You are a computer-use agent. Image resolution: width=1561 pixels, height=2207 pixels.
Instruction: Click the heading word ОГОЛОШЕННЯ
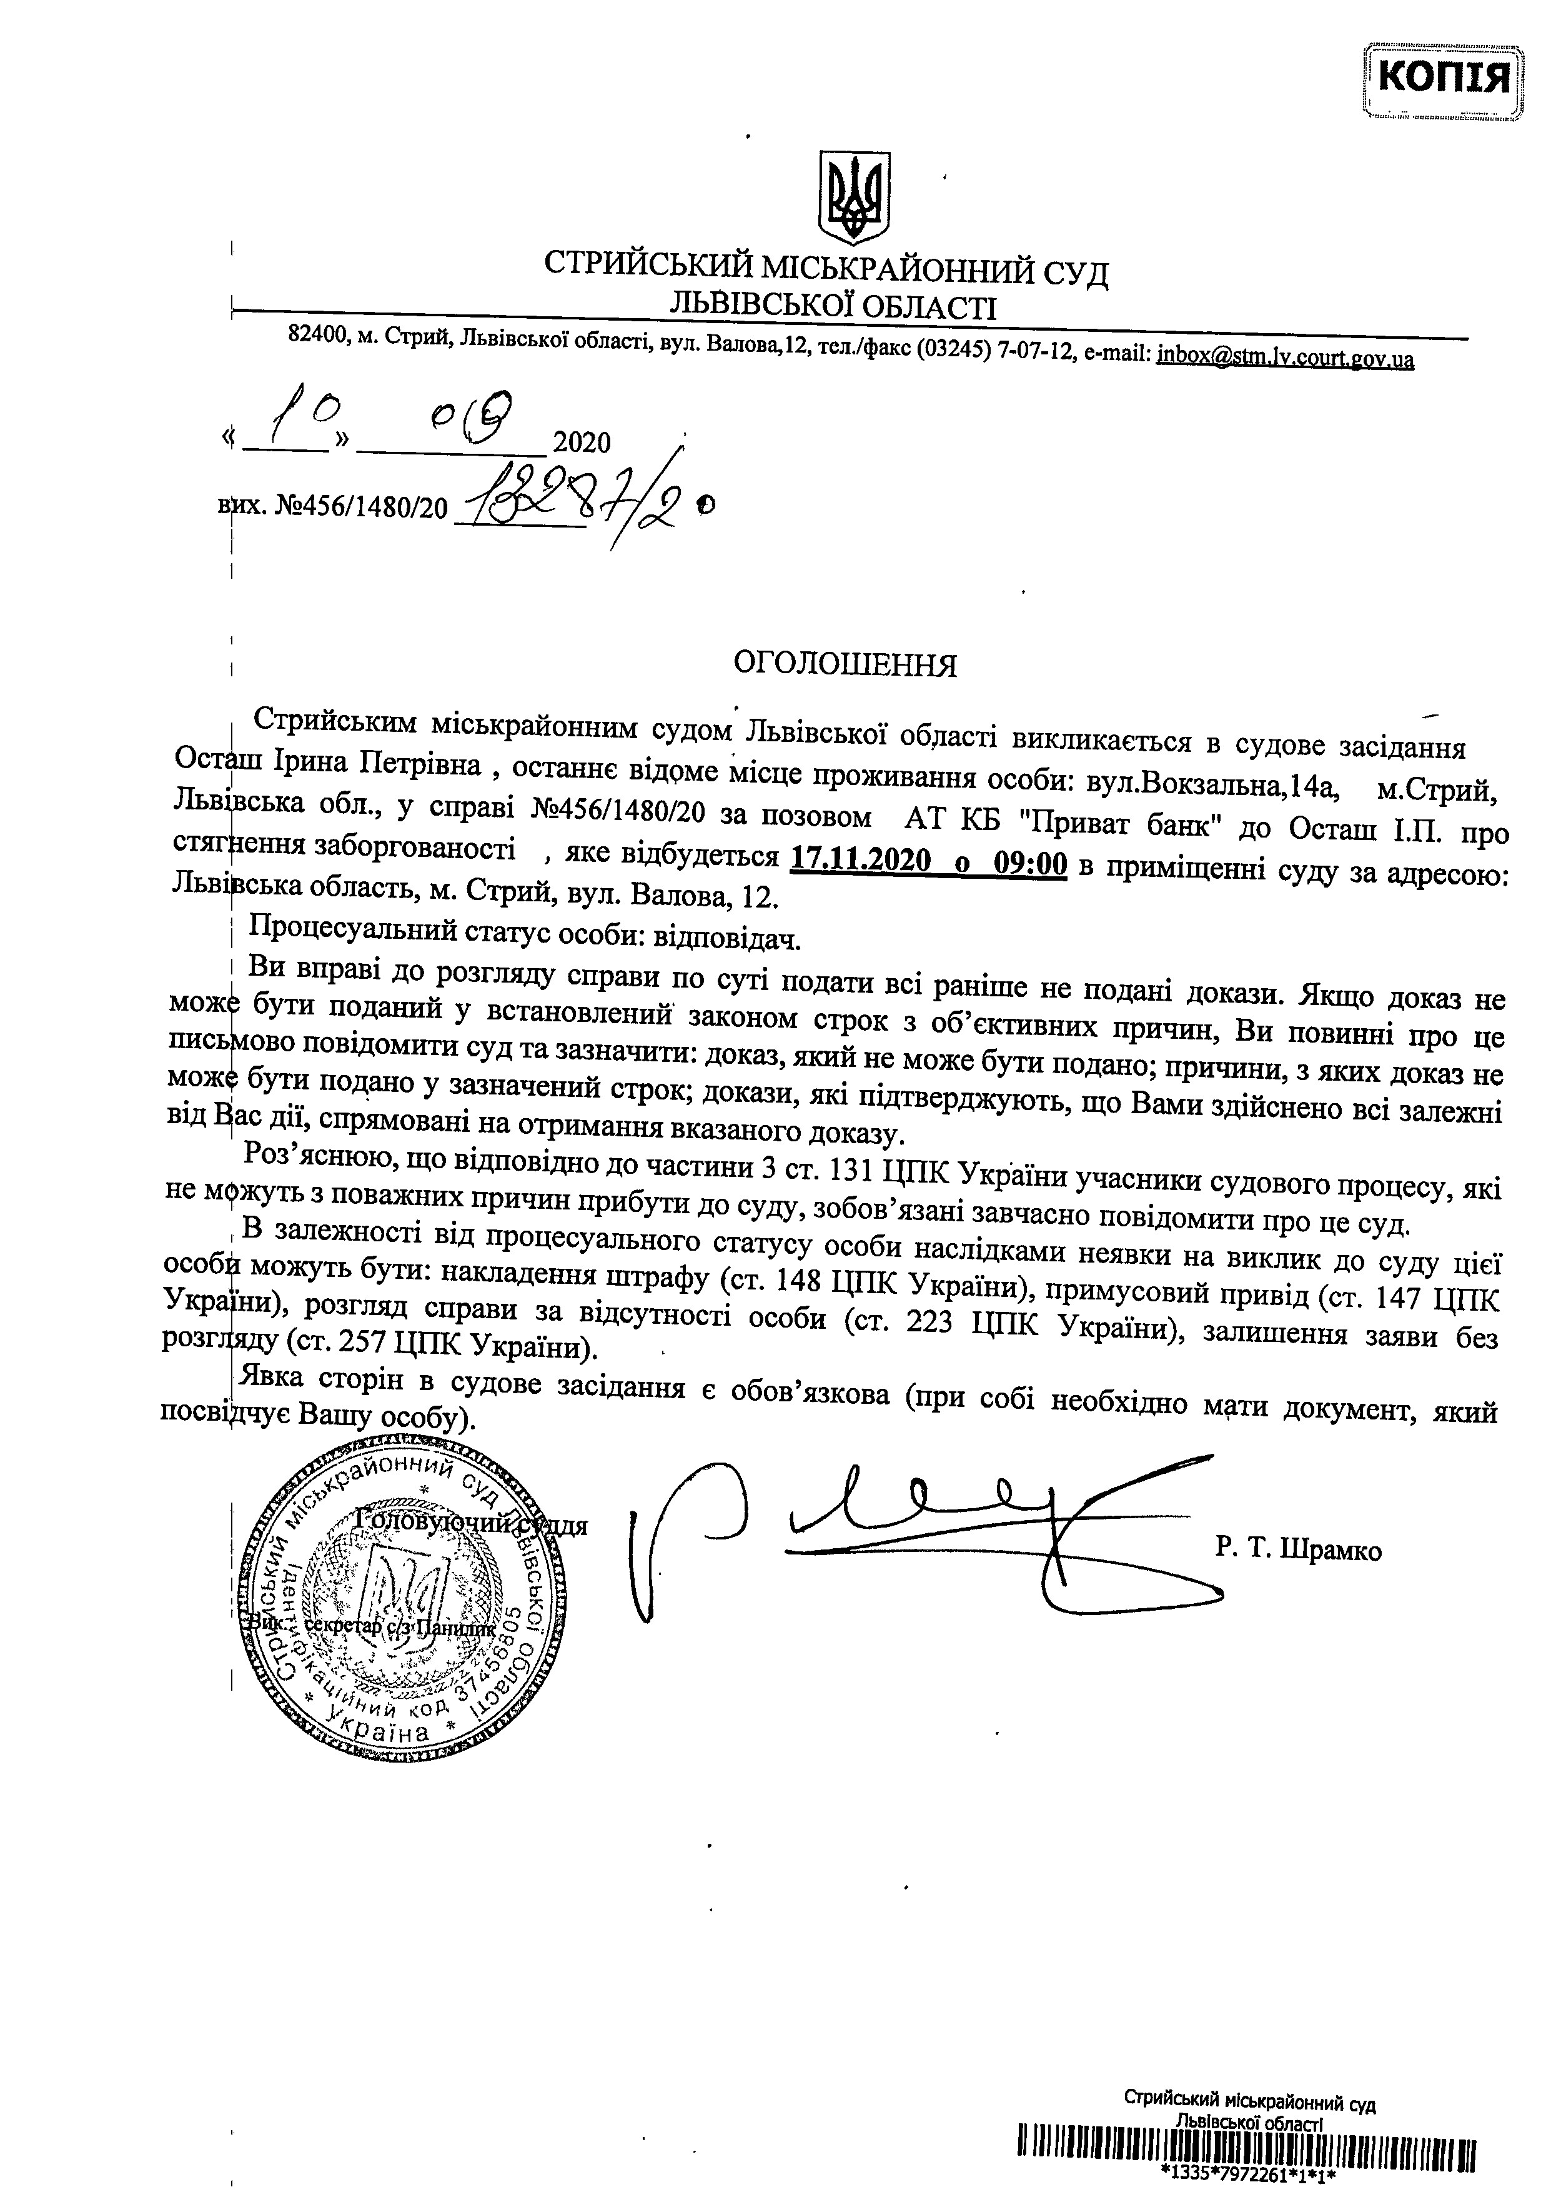[845, 664]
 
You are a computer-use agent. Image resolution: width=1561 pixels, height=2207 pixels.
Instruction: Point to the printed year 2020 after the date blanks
[582, 443]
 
